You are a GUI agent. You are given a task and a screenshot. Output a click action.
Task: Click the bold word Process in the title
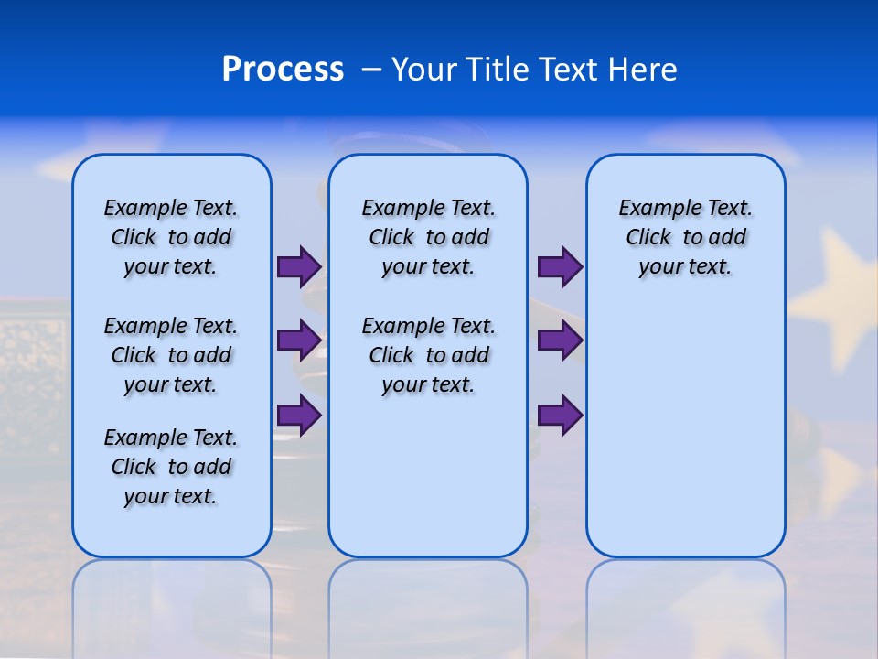pyautogui.click(x=283, y=70)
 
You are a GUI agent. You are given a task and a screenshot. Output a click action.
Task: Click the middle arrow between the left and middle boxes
pyautogui.click(x=299, y=340)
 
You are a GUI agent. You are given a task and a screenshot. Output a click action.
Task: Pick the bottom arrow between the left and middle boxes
pyautogui.click(x=299, y=415)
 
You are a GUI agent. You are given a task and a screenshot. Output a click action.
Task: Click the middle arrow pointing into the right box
pyautogui.click(x=560, y=340)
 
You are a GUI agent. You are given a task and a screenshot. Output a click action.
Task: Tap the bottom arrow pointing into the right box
pyautogui.click(x=560, y=415)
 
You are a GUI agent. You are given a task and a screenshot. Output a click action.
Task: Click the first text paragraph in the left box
pyautogui.click(x=171, y=237)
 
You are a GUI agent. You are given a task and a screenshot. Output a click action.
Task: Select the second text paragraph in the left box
pyautogui.click(x=171, y=355)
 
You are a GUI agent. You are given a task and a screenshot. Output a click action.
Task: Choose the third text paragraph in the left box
pyautogui.click(x=171, y=467)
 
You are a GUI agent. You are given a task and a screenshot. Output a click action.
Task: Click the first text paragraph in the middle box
pyautogui.click(x=428, y=237)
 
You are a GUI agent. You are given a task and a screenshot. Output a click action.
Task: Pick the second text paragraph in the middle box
pyautogui.click(x=428, y=355)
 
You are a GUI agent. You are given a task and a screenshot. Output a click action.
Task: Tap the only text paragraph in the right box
pyautogui.click(x=685, y=237)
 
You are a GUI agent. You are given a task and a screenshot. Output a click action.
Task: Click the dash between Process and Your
pyautogui.click(x=370, y=70)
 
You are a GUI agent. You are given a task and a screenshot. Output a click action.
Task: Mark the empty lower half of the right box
pyautogui.click(x=685, y=439)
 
